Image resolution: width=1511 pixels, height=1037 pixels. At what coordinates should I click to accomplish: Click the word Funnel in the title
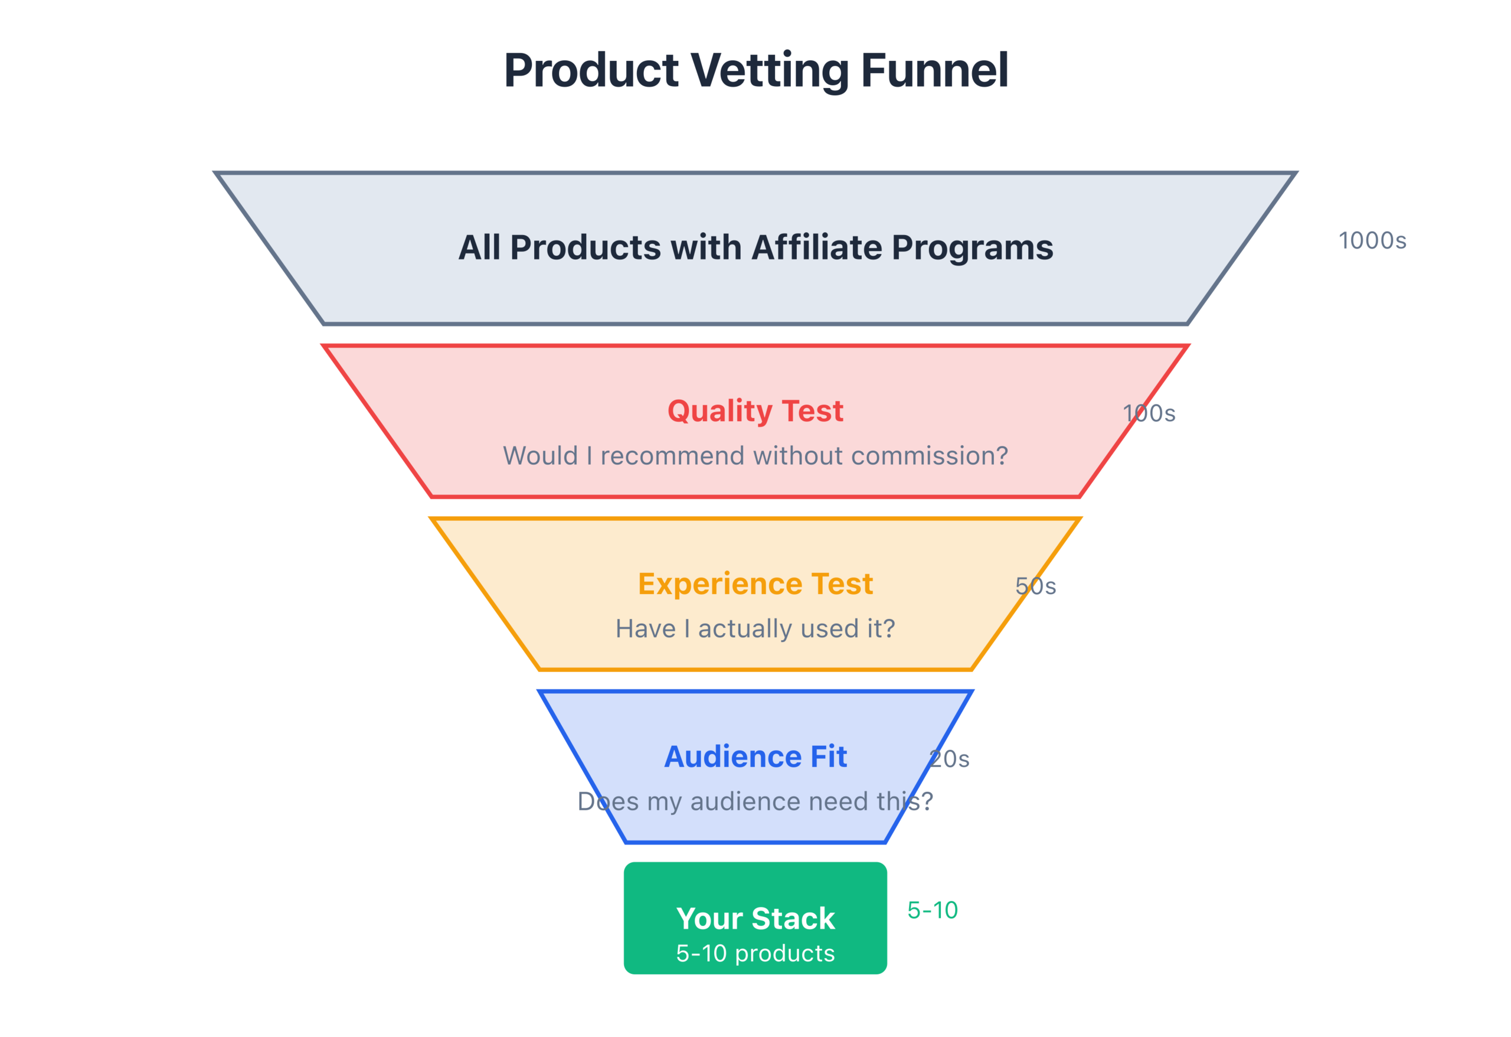[x=934, y=70]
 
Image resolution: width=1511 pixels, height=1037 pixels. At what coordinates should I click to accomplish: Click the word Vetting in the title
[x=768, y=70]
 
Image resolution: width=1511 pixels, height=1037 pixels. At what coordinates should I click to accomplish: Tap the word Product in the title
[x=591, y=70]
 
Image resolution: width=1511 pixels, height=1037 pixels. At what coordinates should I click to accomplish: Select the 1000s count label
[x=1372, y=241]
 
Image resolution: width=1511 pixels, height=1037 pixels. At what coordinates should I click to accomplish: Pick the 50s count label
[x=1035, y=586]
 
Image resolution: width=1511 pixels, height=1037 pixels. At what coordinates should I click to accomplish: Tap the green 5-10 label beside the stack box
[x=933, y=910]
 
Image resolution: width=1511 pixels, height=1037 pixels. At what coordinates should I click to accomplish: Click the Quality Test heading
[x=755, y=411]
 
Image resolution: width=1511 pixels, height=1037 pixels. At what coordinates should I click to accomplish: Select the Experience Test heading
[x=755, y=583]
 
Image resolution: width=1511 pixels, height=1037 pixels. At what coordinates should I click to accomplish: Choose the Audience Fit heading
[x=755, y=756]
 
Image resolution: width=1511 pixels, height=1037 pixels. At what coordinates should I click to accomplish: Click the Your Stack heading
[x=755, y=919]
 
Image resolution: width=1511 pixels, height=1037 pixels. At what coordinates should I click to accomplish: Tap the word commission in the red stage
[x=929, y=456]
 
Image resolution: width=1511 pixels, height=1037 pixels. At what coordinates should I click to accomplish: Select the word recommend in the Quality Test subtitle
[x=672, y=456]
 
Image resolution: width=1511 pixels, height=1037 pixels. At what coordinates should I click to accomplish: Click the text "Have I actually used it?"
[x=755, y=629]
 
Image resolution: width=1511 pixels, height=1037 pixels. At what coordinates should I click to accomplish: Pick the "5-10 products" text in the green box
[x=755, y=954]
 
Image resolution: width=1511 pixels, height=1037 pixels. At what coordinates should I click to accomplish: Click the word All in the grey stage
[x=479, y=248]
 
